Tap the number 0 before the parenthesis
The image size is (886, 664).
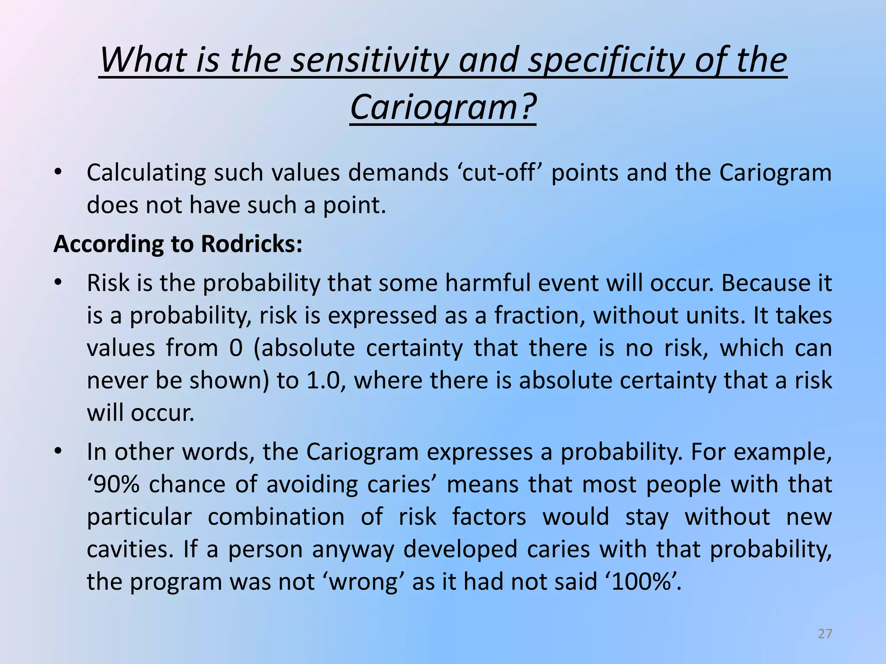(236, 348)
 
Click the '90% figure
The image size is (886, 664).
(114, 484)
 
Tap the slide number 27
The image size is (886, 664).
(825, 634)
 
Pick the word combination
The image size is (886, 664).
(276, 517)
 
